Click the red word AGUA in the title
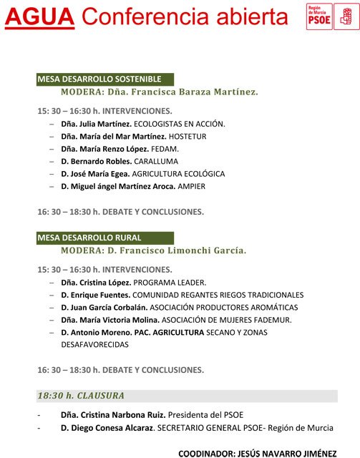pyautogui.click(x=39, y=16)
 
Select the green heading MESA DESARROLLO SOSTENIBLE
pyautogui.click(x=99, y=79)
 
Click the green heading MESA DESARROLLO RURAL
pyautogui.click(x=89, y=238)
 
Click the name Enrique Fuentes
pyautogui.click(x=99, y=295)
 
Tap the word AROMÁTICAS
pyautogui.click(x=269, y=307)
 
